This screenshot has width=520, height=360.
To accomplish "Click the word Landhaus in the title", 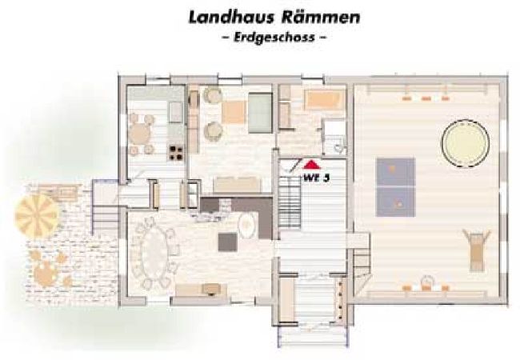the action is pos(231,18).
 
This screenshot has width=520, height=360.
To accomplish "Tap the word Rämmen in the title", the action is pos(321,18).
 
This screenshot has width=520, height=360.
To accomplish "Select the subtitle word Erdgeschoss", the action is pos(274,37).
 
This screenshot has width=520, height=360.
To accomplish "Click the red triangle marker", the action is pos(311,165).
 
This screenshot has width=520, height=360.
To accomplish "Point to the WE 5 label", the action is pos(316,178).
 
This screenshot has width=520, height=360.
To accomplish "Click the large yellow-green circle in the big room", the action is pos(465,143).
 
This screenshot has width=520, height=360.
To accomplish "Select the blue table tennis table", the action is pos(396,187).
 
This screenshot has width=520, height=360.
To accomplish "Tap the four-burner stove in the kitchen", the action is pos(176,153).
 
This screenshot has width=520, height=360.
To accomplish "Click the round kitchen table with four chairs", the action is pos(140,134).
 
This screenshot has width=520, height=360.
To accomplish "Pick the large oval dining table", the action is pos(154,253).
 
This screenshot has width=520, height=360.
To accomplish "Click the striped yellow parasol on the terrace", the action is pos(37,215).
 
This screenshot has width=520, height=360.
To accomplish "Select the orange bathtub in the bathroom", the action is pos(325,98).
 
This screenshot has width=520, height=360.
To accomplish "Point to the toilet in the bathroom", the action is pos(338,148).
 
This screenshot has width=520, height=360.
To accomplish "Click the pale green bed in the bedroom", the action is pos(260,112).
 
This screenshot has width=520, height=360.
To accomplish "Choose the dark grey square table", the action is pos(227,242).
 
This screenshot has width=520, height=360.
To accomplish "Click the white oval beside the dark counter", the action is pos(247,225).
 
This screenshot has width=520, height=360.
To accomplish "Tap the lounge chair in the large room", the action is pos(477,250).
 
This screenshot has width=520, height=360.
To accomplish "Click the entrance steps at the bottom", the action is pos(313,335).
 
